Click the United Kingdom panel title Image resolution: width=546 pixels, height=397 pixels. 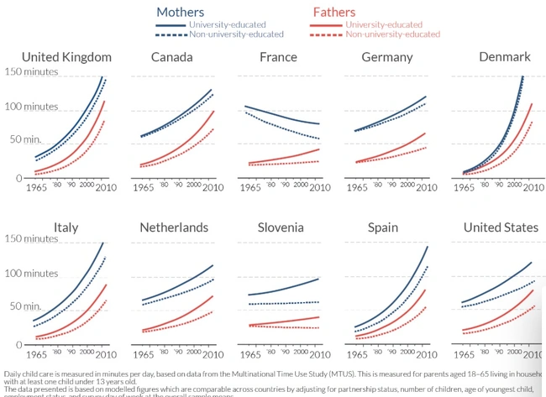coord(66,57)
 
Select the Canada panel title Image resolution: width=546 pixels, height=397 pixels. coord(171,57)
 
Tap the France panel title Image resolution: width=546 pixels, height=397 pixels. coord(278,57)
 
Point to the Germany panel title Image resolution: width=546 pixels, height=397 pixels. coord(386,57)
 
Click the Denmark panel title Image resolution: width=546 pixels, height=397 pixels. coord(492,57)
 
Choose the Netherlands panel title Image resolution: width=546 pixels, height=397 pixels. coord(173,227)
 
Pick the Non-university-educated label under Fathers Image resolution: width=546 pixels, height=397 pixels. coord(392,34)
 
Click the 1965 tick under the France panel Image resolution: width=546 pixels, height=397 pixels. coord(249,187)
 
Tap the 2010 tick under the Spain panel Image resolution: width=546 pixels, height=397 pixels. coord(424,353)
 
